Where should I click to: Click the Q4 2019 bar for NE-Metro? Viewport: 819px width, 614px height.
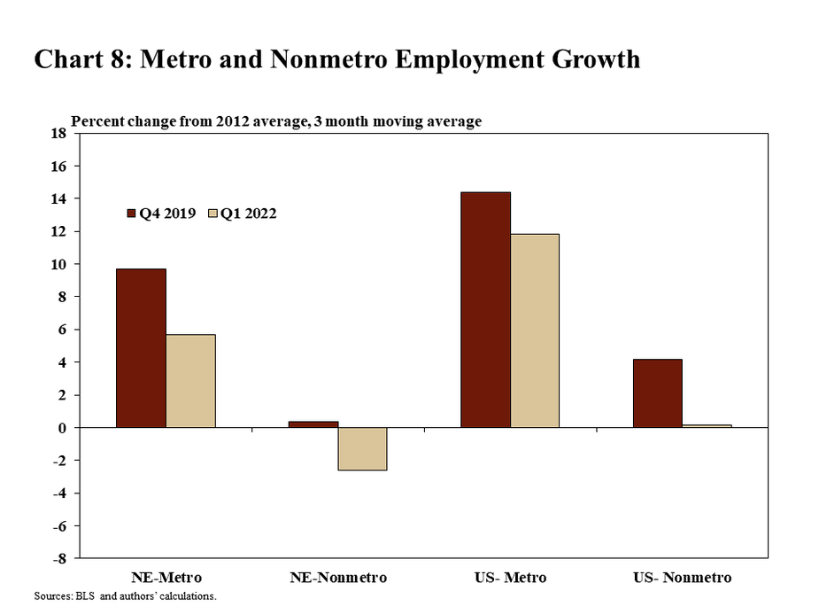click(x=141, y=348)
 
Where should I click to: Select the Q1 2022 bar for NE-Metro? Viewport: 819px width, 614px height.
click(x=190, y=381)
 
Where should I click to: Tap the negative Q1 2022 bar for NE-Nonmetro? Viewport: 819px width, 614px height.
click(x=363, y=448)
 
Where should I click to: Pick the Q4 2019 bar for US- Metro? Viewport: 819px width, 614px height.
click(x=485, y=310)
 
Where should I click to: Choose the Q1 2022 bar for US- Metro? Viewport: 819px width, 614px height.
click(x=535, y=330)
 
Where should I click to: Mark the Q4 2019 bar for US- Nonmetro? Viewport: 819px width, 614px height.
click(x=658, y=393)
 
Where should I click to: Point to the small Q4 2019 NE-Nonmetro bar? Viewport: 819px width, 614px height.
click(x=313, y=424)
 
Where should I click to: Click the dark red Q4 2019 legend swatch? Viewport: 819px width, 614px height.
click(x=131, y=214)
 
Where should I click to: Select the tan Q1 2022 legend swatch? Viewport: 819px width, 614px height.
click(x=212, y=214)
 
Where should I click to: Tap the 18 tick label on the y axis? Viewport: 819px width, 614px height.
click(x=59, y=134)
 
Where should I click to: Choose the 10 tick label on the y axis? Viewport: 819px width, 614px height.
click(x=59, y=265)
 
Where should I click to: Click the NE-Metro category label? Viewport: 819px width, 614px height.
click(x=166, y=578)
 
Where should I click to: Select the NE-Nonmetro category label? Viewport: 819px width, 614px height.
click(x=338, y=578)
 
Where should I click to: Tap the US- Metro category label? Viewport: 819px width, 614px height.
click(x=510, y=578)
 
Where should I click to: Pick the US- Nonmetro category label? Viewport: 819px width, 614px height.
click(x=683, y=578)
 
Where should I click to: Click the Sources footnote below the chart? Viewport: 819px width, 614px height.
click(x=125, y=596)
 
